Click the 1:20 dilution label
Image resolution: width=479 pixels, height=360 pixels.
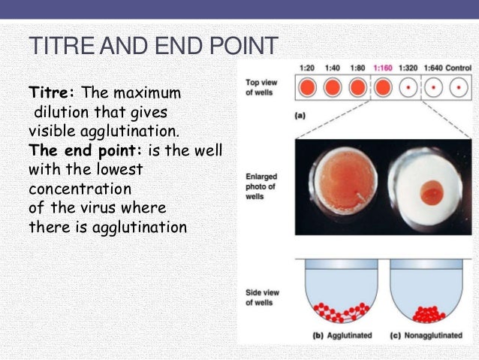pyautogui.click(x=306, y=67)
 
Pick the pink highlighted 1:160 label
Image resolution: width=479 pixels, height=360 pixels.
pyautogui.click(x=383, y=67)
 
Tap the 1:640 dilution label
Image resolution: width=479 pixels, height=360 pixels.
pyautogui.click(x=435, y=67)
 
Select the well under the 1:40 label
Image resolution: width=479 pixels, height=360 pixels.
pyautogui.click(x=332, y=88)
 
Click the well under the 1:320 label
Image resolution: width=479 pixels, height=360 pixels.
pyautogui.click(x=409, y=88)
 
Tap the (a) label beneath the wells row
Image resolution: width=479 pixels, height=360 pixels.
pyautogui.click(x=300, y=116)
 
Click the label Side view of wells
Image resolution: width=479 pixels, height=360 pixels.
pyautogui.click(x=260, y=297)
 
